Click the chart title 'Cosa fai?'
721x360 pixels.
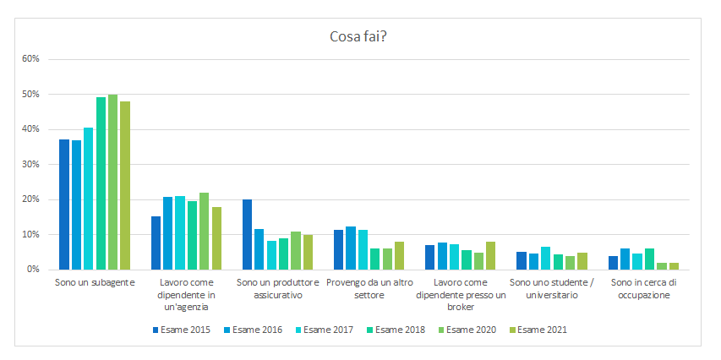click(x=359, y=36)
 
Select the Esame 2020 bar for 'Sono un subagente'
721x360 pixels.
click(x=113, y=182)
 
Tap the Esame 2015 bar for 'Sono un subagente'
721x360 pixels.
click(x=64, y=205)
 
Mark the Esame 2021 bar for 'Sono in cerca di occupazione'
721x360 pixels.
click(x=674, y=265)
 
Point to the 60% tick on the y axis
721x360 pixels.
click(x=30, y=59)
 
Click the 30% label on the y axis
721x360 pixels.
click(x=30, y=164)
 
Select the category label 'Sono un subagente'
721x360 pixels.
click(x=95, y=282)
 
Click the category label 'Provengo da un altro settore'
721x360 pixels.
click(x=369, y=288)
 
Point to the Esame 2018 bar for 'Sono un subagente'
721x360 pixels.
click(x=101, y=183)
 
